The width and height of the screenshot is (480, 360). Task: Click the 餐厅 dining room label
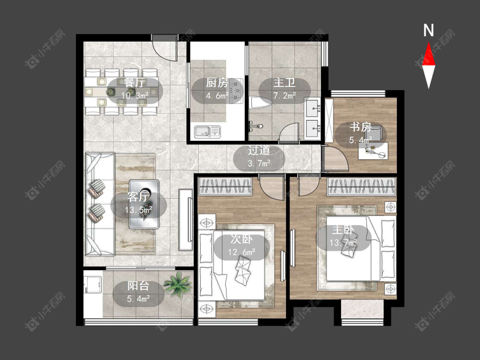pos(135,83)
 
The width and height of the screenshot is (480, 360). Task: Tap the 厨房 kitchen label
pos(217,83)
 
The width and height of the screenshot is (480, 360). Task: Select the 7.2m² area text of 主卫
pos(285,96)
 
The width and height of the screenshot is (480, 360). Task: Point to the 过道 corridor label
pos(259,150)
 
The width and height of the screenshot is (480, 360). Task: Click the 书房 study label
pos(361,127)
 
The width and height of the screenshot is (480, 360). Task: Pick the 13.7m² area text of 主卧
pos(343,243)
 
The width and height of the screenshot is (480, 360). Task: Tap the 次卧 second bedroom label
pos(241,240)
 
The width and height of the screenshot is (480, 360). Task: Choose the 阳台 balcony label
pos(138,286)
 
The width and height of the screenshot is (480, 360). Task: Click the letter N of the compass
pos(428,30)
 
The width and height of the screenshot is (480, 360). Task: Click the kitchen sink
pos(207,131)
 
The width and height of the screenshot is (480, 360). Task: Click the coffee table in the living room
pos(144,204)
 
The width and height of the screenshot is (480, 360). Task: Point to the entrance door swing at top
pos(165,49)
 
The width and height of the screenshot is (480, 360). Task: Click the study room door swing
pos(336,158)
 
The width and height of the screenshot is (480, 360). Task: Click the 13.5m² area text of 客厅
pos(138,210)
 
